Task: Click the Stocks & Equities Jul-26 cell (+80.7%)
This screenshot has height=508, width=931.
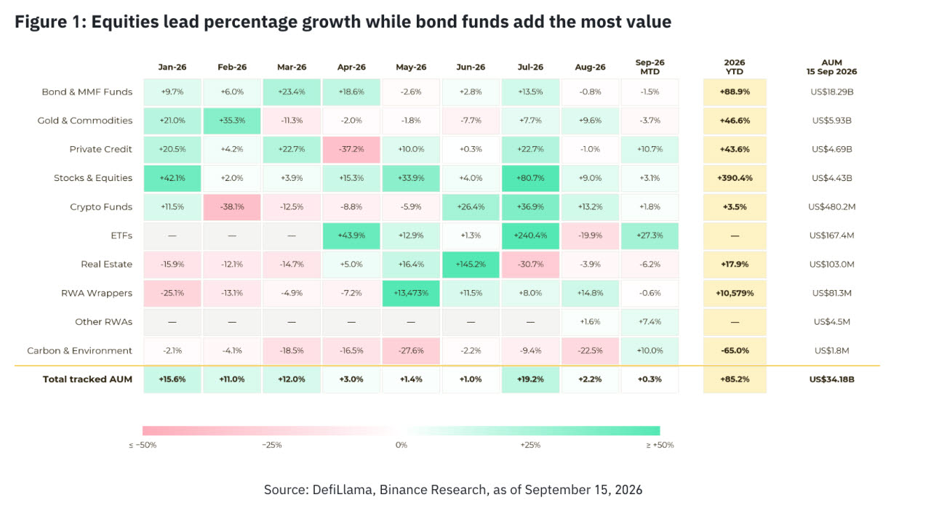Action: (x=530, y=178)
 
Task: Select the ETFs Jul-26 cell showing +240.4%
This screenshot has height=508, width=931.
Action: (x=530, y=235)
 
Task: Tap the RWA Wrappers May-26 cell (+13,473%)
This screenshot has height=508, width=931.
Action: (x=411, y=294)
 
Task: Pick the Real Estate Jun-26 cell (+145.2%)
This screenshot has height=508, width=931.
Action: (x=471, y=265)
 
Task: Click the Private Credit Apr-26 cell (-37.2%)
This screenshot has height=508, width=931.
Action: (x=351, y=149)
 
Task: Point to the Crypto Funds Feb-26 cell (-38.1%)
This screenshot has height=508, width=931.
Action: (x=232, y=207)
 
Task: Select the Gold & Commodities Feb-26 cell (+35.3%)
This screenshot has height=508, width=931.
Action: (x=232, y=121)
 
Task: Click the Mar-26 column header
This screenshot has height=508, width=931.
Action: (x=292, y=68)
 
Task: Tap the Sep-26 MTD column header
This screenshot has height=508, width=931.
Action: (x=650, y=67)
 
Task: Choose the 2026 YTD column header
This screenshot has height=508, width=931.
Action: (x=735, y=67)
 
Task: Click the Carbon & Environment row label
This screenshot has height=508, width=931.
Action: (x=79, y=350)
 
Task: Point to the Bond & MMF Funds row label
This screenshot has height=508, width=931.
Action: (x=87, y=92)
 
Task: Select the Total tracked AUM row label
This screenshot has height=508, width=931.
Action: (x=87, y=379)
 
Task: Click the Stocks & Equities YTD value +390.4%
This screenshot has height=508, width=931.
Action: (x=735, y=178)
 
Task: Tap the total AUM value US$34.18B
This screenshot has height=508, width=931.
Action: (x=831, y=379)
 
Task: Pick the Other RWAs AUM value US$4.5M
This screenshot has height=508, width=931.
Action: (x=831, y=322)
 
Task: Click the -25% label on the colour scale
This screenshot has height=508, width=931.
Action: (x=272, y=445)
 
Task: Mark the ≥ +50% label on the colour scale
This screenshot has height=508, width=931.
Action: (x=660, y=445)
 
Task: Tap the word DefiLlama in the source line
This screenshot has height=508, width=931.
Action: (x=342, y=490)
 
